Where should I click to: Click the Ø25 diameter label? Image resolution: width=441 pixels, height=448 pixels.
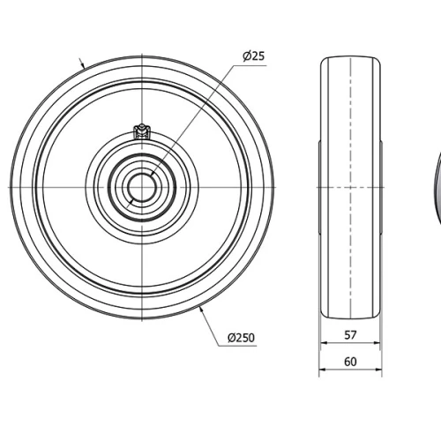point(253,56)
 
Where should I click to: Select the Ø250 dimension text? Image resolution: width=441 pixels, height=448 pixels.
point(241,338)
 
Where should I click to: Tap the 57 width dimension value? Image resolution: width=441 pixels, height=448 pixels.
point(350,335)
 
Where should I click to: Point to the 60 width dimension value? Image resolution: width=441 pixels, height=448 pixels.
point(350,362)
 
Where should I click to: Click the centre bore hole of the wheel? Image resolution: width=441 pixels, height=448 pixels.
point(141,187)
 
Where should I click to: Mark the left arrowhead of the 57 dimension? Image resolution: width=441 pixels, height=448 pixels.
point(323,345)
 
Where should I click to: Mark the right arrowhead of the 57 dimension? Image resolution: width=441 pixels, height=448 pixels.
point(377,345)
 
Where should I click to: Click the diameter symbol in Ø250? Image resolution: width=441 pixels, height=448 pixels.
point(231,338)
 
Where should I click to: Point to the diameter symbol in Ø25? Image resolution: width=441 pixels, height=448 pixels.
point(247,56)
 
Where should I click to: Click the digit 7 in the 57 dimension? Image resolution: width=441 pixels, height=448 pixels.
point(354,335)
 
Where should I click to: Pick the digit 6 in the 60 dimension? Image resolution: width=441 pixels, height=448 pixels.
point(347,362)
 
